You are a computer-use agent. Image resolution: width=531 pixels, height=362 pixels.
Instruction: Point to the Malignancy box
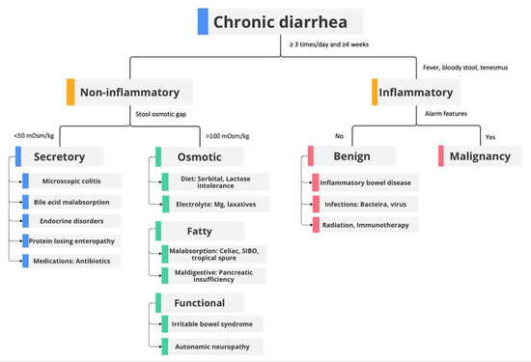pyautogui.click(x=480, y=156)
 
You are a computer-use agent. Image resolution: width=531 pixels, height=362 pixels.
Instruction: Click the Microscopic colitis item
pyautogui.click(x=75, y=181)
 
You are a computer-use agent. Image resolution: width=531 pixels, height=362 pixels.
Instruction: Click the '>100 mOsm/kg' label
pyautogui.click(x=229, y=135)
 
